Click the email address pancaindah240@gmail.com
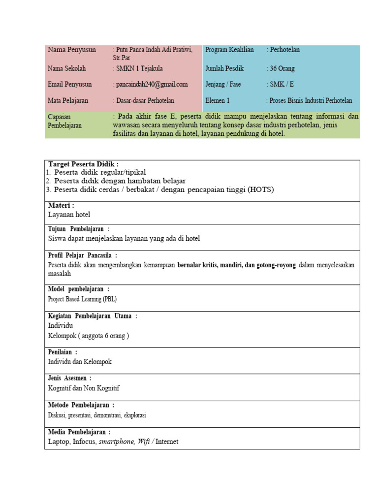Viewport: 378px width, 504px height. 151,84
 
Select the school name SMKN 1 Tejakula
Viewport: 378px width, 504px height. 139,68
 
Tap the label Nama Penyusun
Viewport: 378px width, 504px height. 72,50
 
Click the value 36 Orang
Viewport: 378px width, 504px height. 281,68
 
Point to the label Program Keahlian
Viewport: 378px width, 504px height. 229,50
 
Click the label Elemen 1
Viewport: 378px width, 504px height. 218,100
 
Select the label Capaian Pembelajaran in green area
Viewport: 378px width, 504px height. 65,121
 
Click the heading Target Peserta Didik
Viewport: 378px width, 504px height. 83,164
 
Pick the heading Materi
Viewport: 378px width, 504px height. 61,206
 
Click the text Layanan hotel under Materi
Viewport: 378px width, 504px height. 69,215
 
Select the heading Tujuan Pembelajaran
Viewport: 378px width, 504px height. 79,229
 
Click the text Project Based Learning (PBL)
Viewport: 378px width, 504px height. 82,299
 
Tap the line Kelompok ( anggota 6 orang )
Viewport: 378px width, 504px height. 89,336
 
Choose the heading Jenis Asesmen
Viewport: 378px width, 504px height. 70,378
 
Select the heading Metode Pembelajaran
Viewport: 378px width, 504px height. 81,405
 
